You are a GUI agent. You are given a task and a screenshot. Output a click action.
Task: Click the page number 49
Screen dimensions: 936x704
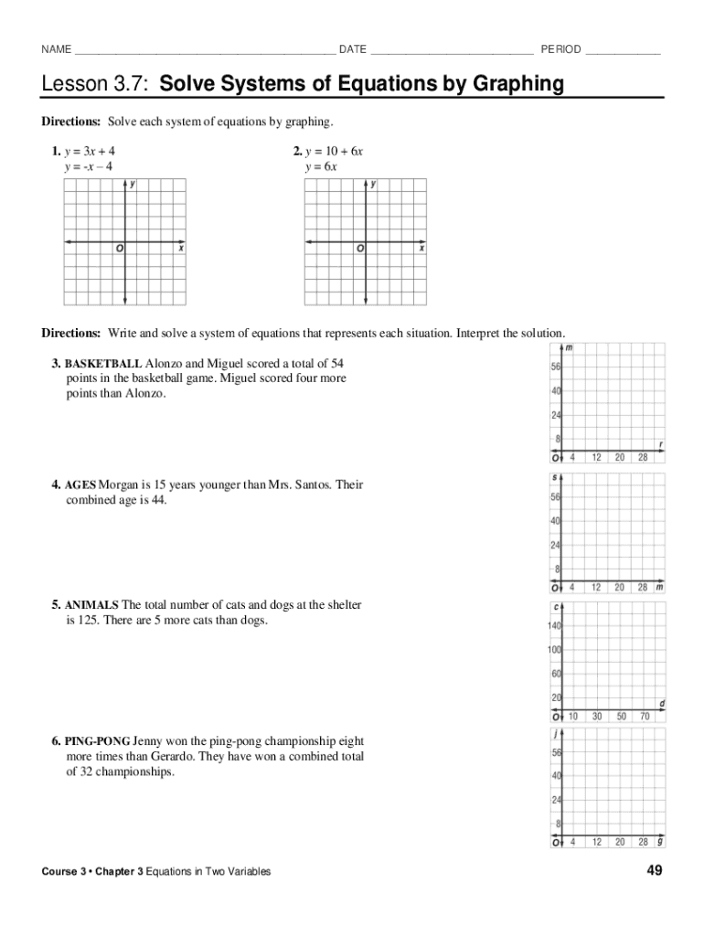[654, 871]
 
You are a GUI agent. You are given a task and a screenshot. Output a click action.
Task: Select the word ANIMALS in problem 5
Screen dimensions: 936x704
[91, 605]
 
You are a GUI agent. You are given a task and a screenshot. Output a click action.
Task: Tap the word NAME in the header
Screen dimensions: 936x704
[56, 49]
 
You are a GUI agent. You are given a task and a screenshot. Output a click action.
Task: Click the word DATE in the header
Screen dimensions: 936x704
[353, 49]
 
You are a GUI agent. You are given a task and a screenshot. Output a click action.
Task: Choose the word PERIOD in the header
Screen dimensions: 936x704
[560, 49]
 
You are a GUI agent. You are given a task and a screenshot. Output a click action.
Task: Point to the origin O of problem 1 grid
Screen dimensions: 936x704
[119, 249]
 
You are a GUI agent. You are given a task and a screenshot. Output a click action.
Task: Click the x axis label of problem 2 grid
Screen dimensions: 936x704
[421, 248]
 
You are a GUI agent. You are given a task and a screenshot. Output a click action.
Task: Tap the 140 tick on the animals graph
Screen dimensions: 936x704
[555, 626]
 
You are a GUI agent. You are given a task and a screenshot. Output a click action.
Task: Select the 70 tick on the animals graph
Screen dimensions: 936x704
[645, 718]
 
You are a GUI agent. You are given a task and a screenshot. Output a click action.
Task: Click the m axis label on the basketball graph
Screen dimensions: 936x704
[570, 348]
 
